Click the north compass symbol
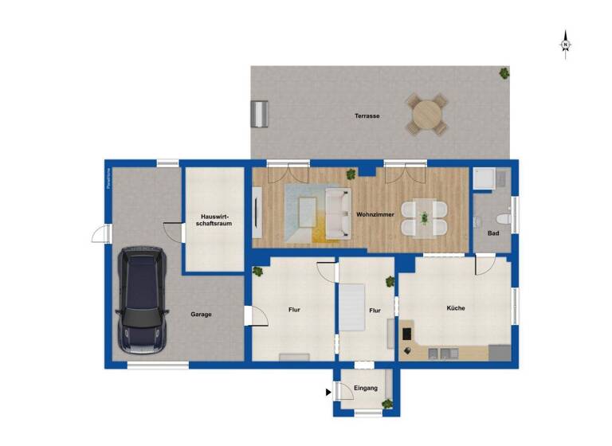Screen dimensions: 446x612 (x=565, y=44)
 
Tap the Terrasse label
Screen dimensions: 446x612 (x=367, y=116)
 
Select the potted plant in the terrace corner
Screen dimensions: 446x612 (x=504, y=73)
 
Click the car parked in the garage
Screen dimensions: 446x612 (x=142, y=299)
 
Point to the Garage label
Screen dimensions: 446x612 (x=201, y=315)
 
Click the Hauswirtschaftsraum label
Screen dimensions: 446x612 (x=214, y=220)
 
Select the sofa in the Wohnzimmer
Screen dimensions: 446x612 (x=335, y=214)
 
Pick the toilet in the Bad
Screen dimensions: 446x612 (x=501, y=218)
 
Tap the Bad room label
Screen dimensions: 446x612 (x=492, y=233)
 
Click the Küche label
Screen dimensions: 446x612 (x=455, y=308)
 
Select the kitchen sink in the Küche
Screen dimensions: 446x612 (x=440, y=351)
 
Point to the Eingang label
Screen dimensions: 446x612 (x=366, y=389)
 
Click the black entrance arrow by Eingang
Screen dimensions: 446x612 (x=328, y=392)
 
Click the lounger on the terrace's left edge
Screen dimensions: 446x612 (x=260, y=114)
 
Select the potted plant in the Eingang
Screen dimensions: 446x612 (x=387, y=404)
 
